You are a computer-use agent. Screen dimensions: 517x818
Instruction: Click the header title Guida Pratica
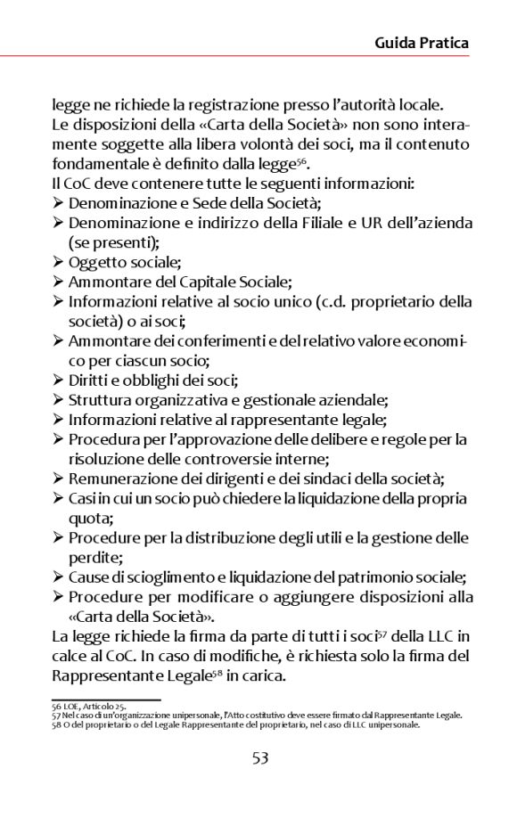click(x=422, y=43)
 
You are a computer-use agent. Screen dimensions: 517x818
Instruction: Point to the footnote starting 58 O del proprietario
click(x=235, y=724)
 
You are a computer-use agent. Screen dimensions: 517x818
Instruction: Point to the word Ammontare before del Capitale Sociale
click(x=108, y=282)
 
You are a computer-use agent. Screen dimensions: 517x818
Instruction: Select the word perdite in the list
click(x=95, y=558)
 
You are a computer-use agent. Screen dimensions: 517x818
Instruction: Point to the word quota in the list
click(x=88, y=518)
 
